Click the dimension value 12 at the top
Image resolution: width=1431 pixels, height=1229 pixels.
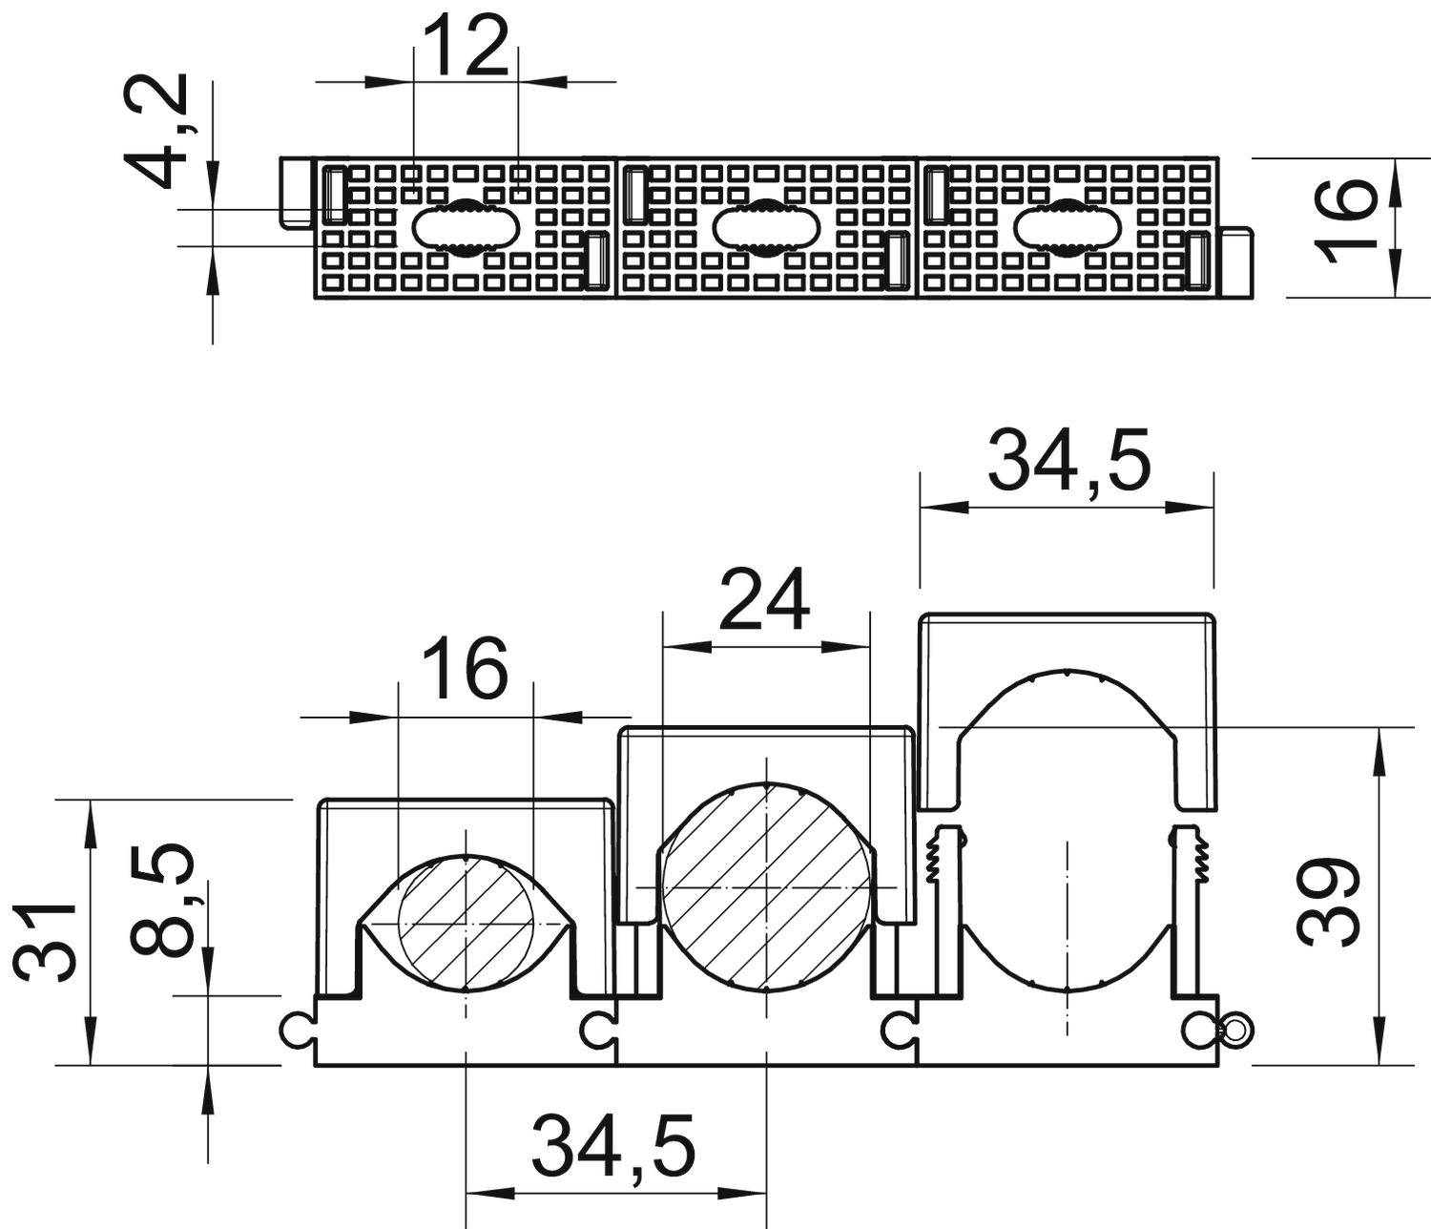tap(467, 48)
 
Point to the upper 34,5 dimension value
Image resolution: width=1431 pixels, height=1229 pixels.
tap(1068, 461)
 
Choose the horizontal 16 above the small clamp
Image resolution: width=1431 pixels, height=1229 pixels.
tap(465, 669)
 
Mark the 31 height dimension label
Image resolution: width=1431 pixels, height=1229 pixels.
tap(46, 940)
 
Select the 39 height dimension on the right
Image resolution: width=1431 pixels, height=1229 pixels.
tap(1329, 901)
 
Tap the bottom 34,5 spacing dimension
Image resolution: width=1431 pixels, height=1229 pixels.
tap(613, 1145)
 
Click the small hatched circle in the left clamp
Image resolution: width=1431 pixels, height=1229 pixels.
tap(466, 925)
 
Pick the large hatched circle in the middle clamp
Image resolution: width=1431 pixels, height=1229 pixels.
tap(766, 886)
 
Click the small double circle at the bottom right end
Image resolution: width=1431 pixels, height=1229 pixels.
tap(1235, 1030)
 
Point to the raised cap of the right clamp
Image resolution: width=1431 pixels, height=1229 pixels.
tap(1067, 635)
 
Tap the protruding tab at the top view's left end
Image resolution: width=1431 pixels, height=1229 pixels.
tap(296, 192)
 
